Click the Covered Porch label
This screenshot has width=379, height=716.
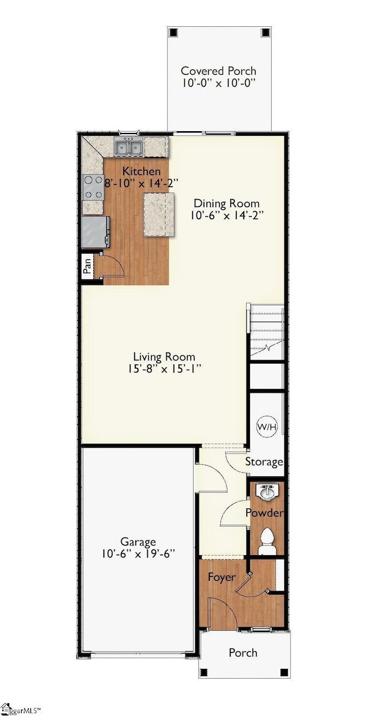(218, 71)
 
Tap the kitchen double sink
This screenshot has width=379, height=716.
(129, 147)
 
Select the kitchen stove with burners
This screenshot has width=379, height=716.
(93, 188)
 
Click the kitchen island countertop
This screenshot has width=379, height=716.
(159, 214)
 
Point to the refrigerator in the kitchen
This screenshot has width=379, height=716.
(95, 231)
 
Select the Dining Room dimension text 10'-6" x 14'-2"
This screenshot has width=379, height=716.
(227, 215)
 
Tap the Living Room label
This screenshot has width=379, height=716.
(164, 357)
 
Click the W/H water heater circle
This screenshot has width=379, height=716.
(267, 427)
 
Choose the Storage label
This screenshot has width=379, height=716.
(264, 462)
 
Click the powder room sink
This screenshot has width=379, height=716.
(268, 493)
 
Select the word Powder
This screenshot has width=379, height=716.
(264, 513)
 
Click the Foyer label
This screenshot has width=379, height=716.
(222, 577)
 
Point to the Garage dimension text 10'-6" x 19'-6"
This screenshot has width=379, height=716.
(138, 554)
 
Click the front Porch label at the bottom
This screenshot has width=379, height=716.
(243, 652)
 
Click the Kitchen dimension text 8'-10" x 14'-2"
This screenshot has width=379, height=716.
(141, 183)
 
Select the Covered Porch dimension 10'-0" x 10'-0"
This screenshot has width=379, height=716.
(218, 83)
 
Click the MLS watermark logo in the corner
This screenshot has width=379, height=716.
(21, 710)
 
